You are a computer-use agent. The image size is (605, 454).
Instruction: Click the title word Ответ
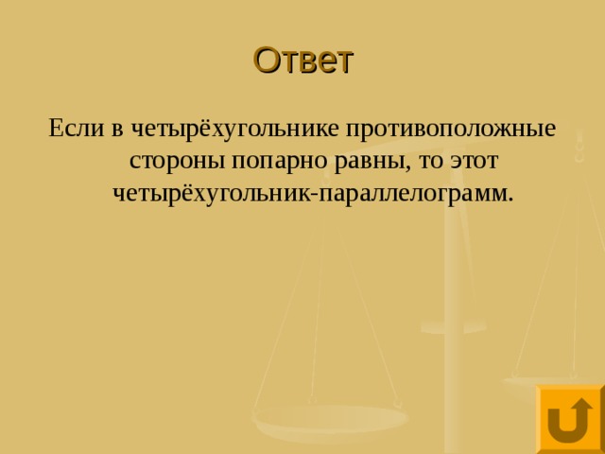click(x=302, y=60)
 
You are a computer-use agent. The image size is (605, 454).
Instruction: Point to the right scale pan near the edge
click(x=544, y=379)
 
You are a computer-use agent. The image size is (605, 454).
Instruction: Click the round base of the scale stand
click(x=453, y=326)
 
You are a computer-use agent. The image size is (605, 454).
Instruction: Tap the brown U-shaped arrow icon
click(x=569, y=419)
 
